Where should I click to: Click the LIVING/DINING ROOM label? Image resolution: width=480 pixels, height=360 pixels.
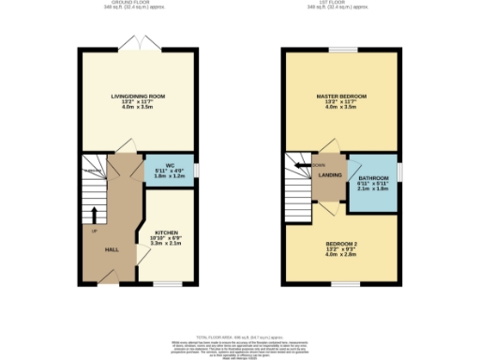(137, 96)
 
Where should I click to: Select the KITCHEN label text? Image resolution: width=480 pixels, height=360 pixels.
(166, 232)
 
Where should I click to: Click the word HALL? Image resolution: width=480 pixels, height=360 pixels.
(111, 248)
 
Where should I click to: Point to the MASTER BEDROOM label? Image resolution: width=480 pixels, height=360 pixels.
(340, 97)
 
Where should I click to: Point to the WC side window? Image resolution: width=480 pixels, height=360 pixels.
(197, 169)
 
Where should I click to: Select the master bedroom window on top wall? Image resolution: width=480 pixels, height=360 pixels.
(341, 49)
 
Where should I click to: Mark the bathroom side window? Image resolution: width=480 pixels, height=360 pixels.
(399, 173)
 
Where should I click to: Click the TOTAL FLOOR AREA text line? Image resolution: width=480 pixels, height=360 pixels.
(240, 335)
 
